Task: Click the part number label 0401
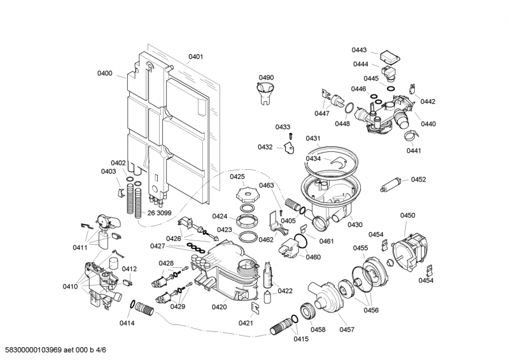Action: click(x=196, y=57)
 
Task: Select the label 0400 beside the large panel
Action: click(x=105, y=74)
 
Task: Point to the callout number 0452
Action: click(x=418, y=179)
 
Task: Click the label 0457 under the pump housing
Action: click(x=347, y=329)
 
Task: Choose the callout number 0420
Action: click(x=219, y=307)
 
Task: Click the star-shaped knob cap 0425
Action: click(x=246, y=192)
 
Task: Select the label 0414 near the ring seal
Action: click(x=127, y=323)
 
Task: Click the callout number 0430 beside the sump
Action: click(x=355, y=225)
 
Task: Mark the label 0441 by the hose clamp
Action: click(x=414, y=151)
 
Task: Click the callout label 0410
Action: click(x=70, y=286)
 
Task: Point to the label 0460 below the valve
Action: click(x=313, y=258)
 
